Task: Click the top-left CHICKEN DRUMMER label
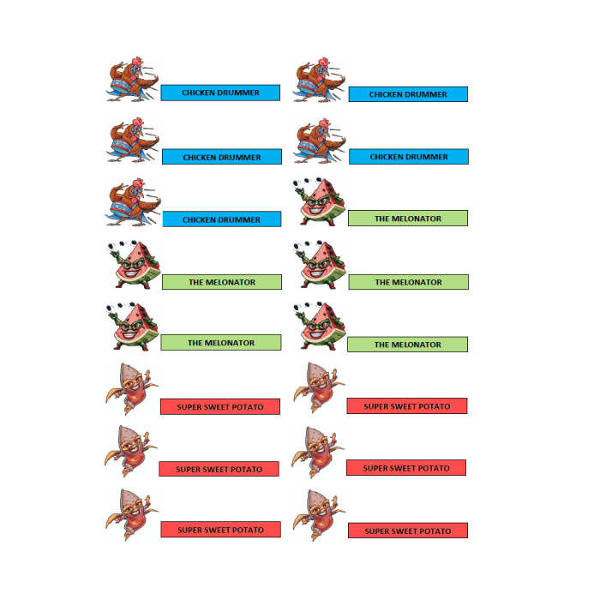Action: coord(220,93)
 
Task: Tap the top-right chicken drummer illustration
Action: coord(319,80)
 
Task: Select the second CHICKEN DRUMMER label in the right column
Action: coord(409,157)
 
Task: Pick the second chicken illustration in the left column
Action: coord(132,140)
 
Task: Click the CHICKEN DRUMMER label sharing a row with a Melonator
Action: coord(222,219)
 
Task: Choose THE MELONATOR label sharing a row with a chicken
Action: coord(408,218)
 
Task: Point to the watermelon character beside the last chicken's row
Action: coord(319,201)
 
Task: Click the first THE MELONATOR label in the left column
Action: coord(222,282)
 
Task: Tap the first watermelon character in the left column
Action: coord(134,264)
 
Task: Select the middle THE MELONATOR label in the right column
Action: coord(409,282)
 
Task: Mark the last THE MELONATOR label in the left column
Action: coord(221,343)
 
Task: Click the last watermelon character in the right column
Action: coord(320,327)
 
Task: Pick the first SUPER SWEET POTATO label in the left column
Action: coord(220,406)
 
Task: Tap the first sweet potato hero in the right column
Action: coord(319,387)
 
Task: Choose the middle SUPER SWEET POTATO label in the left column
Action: coord(219,469)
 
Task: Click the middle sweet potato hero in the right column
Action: coord(318,453)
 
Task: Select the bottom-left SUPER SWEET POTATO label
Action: coord(221,530)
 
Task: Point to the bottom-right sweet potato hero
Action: coord(319,515)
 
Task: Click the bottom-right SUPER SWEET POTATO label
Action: coord(408,531)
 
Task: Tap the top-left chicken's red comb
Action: coord(138,61)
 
